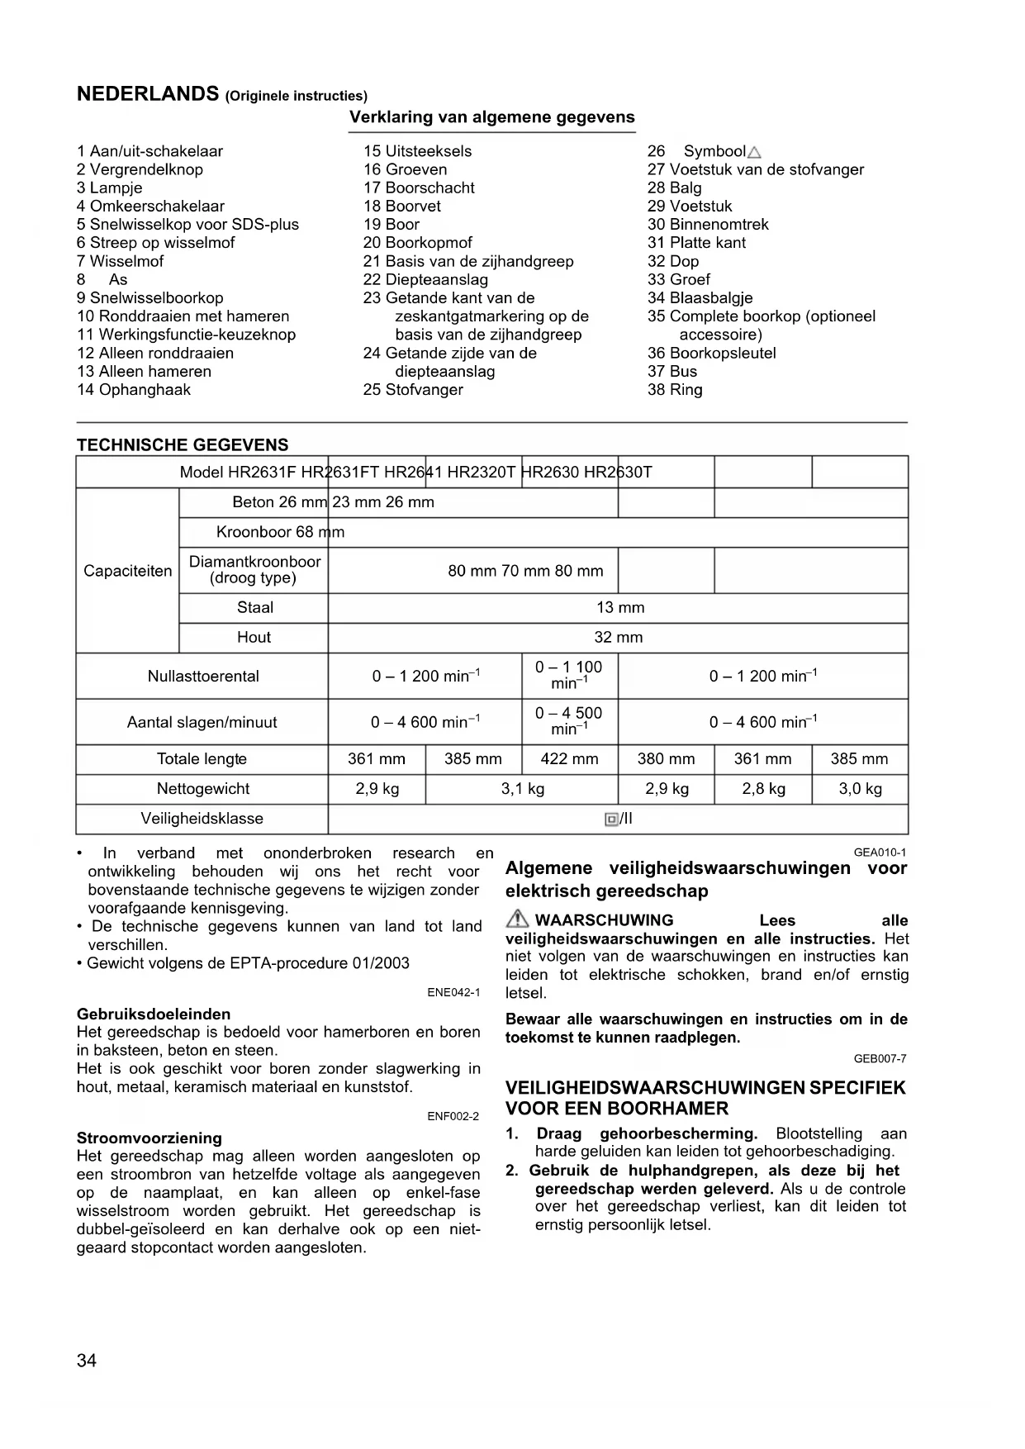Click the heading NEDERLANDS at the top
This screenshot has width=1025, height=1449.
(x=147, y=93)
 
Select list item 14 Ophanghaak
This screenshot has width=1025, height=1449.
(x=134, y=390)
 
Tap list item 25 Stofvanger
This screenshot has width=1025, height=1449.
(x=413, y=390)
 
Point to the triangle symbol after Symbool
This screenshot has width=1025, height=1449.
(x=753, y=152)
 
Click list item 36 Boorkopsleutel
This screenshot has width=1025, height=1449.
(x=711, y=354)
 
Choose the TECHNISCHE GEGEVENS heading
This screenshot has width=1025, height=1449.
(x=183, y=445)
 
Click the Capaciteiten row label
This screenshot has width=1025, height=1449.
(x=128, y=571)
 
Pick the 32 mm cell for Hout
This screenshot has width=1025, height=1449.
(x=618, y=638)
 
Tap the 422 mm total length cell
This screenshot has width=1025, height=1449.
(x=569, y=759)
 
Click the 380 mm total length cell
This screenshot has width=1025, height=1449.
(x=666, y=759)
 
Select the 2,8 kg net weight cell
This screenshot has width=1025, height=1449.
(x=763, y=789)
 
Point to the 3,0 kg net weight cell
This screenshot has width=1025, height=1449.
(x=860, y=789)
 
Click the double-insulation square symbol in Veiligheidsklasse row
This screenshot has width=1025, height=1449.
(x=611, y=820)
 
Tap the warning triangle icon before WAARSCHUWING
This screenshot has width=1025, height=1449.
(x=518, y=919)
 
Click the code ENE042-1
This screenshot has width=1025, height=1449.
(x=453, y=992)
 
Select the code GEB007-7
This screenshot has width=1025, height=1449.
(x=880, y=1059)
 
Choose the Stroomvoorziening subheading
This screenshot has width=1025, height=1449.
(x=149, y=1138)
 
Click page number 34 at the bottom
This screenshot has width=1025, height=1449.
(x=87, y=1361)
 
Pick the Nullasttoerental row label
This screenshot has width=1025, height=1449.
(x=203, y=677)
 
